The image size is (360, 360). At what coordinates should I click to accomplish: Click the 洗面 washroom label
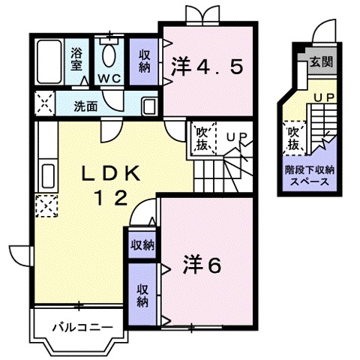coord(85,106)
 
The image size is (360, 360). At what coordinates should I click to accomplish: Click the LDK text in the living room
coord(110,174)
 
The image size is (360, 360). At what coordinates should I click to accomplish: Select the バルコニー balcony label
coord(82,328)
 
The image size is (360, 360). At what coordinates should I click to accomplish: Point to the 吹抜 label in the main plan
coord(202,139)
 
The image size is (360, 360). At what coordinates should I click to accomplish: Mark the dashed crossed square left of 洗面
coord(45,103)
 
